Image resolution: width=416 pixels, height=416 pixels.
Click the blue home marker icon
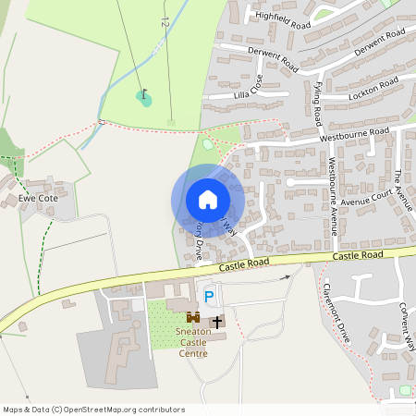(x=208, y=199)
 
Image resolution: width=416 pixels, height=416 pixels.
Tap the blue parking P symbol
(x=209, y=297)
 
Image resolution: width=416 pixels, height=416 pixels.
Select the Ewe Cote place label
(x=38, y=198)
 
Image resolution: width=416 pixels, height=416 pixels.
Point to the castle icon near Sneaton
(x=193, y=316)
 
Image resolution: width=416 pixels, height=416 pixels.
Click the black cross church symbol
(x=217, y=322)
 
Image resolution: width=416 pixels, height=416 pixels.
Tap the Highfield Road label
(x=282, y=20)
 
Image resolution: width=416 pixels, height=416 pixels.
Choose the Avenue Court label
(x=366, y=198)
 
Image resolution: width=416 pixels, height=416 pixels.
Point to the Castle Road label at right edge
(x=358, y=254)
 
